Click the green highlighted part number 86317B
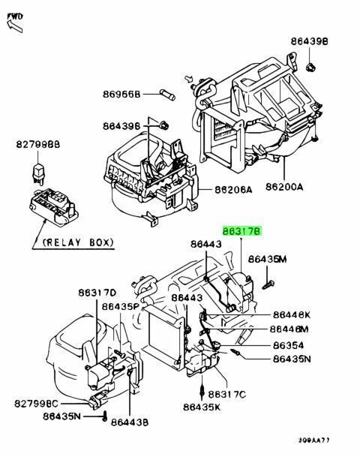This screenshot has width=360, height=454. click(242, 231)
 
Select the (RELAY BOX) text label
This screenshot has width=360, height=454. click(78, 242)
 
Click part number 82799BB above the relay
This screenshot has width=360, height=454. click(38, 144)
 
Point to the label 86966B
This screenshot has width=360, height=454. click(121, 94)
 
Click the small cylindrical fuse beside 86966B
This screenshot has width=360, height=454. click(167, 95)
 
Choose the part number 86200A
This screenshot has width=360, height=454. click(284, 187)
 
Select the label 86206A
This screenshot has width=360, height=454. click(233, 190)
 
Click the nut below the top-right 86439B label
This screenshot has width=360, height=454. click(310, 68)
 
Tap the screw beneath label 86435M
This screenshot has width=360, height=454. click(268, 284)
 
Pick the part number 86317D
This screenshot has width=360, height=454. click(97, 293)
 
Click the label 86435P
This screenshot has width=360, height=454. click(121, 306)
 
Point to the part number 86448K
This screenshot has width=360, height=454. click(292, 314)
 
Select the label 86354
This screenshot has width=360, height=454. click(289, 345)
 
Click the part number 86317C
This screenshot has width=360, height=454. click(227, 394)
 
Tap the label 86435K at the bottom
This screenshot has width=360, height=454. click(202, 407)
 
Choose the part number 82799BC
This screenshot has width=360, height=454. click(37, 403)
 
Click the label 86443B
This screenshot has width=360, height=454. click(130, 422)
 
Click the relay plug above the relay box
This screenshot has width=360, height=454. click(38, 174)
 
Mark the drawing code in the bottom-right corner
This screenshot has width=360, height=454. click(314, 440)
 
